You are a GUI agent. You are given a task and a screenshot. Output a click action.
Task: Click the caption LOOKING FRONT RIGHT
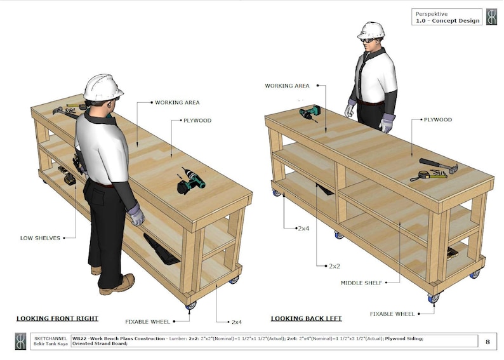click(57, 318)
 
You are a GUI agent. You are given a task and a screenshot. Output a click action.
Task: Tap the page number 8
click(487, 342)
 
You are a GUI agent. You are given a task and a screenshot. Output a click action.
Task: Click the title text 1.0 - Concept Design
click(447, 21)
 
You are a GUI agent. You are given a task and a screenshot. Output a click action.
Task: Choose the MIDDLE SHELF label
click(361, 283)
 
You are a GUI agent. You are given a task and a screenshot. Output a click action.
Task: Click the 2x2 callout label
click(336, 265)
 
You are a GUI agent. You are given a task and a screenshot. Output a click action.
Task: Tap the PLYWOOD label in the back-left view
click(437, 119)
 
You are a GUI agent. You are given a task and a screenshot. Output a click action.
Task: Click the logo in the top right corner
click(491, 17)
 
